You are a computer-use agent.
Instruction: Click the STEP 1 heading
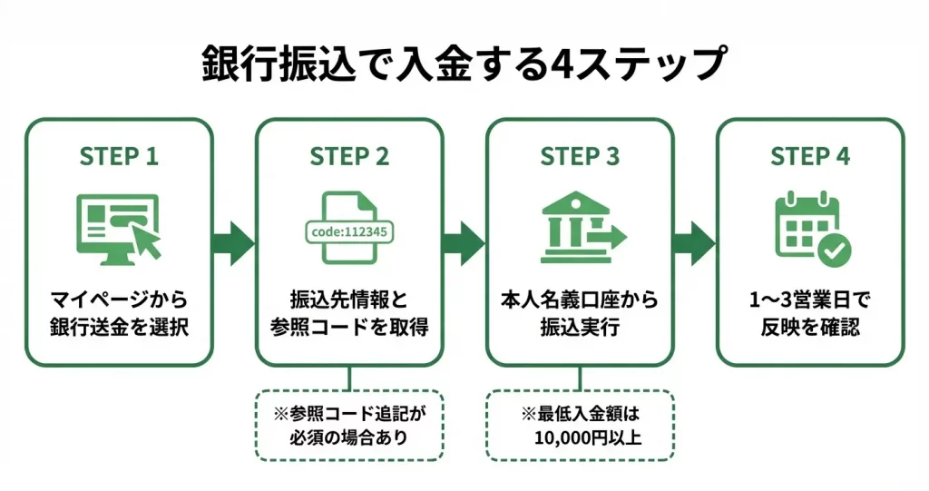[x=119, y=156]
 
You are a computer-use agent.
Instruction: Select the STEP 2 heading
[x=349, y=156]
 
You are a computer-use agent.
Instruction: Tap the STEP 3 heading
[x=580, y=156]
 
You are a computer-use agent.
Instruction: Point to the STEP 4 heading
[x=810, y=156]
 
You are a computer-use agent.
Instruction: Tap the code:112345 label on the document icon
[x=349, y=231]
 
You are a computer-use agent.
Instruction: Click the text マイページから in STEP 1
[x=119, y=300]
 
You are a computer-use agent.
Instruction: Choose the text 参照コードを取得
[x=349, y=328]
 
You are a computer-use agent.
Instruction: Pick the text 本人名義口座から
[x=580, y=300]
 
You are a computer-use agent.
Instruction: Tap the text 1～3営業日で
[x=810, y=300]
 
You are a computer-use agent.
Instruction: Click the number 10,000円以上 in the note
[x=588, y=440]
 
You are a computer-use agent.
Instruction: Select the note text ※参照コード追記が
[x=349, y=414]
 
